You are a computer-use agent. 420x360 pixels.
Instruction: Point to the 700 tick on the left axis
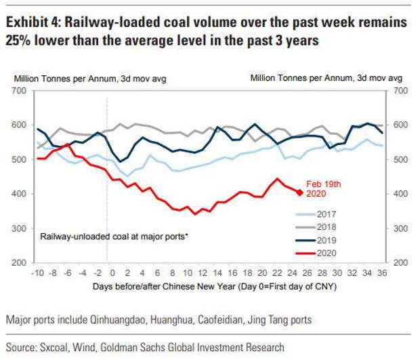18,90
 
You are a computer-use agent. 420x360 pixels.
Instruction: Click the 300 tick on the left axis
18,228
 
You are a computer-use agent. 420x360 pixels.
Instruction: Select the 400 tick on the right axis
400,194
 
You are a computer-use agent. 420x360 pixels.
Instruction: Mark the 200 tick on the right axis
400,262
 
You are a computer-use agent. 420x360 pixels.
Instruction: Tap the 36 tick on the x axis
381,273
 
